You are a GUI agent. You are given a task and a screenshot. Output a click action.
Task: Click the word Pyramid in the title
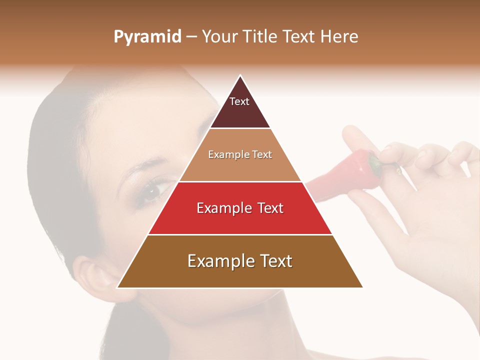pyautogui.click(x=147, y=36)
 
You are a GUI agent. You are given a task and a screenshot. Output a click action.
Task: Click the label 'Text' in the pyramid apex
pyautogui.click(x=239, y=101)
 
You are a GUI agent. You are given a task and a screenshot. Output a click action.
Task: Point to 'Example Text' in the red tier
pyautogui.click(x=240, y=208)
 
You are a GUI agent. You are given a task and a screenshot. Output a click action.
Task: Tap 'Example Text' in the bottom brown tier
pyautogui.click(x=240, y=261)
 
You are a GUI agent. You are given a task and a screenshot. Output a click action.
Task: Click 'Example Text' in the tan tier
pyautogui.click(x=240, y=154)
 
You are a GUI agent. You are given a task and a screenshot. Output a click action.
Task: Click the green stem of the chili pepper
pyautogui.click(x=374, y=163)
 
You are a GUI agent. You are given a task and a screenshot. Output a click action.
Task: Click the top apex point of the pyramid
pyautogui.click(x=240, y=76)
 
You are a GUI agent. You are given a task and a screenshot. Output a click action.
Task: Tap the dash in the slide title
pyautogui.click(x=191, y=37)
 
